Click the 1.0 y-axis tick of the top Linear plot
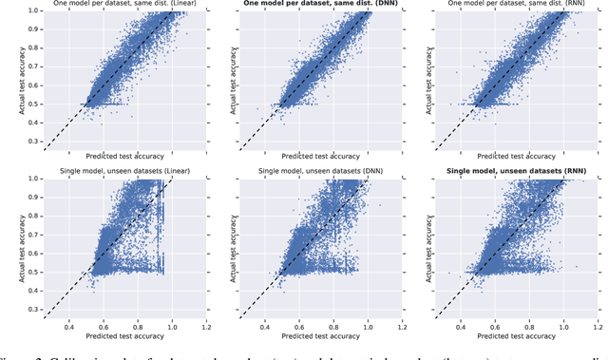pos(33,10)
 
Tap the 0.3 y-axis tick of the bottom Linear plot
pos(33,311)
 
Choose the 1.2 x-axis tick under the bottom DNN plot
pos(402,325)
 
